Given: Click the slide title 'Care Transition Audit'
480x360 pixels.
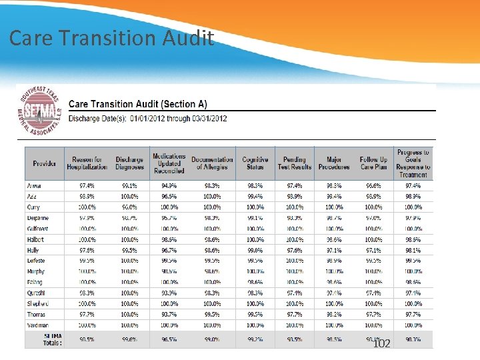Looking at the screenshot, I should pyautogui.click(x=111, y=38).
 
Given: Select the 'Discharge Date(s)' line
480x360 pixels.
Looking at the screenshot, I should pyautogui.click(x=148, y=119).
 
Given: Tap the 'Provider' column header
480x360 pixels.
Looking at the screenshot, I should pyautogui.click(x=45, y=163).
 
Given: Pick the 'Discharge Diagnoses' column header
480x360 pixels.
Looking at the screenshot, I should pyautogui.click(x=129, y=163).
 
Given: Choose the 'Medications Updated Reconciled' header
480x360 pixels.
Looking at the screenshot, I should pyautogui.click(x=169, y=163).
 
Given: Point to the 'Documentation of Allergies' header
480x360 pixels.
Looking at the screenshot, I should pyautogui.click(x=212, y=163).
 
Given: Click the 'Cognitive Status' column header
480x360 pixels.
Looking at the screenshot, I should pyautogui.click(x=255, y=163).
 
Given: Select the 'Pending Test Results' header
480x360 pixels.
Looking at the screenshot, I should pyautogui.click(x=294, y=163).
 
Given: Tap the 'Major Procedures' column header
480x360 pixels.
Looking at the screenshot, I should pyautogui.click(x=334, y=163).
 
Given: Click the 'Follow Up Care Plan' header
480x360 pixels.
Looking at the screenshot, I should pyautogui.click(x=373, y=163).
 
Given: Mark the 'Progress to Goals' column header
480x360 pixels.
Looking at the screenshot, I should pyautogui.click(x=413, y=163).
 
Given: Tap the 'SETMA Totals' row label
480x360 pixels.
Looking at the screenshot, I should pyautogui.click(x=44, y=339).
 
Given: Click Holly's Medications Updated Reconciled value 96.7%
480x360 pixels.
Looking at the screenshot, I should pyautogui.click(x=169, y=250).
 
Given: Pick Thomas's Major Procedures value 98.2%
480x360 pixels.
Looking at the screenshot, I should pyautogui.click(x=334, y=314).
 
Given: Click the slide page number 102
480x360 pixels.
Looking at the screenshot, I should pyautogui.click(x=381, y=343).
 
